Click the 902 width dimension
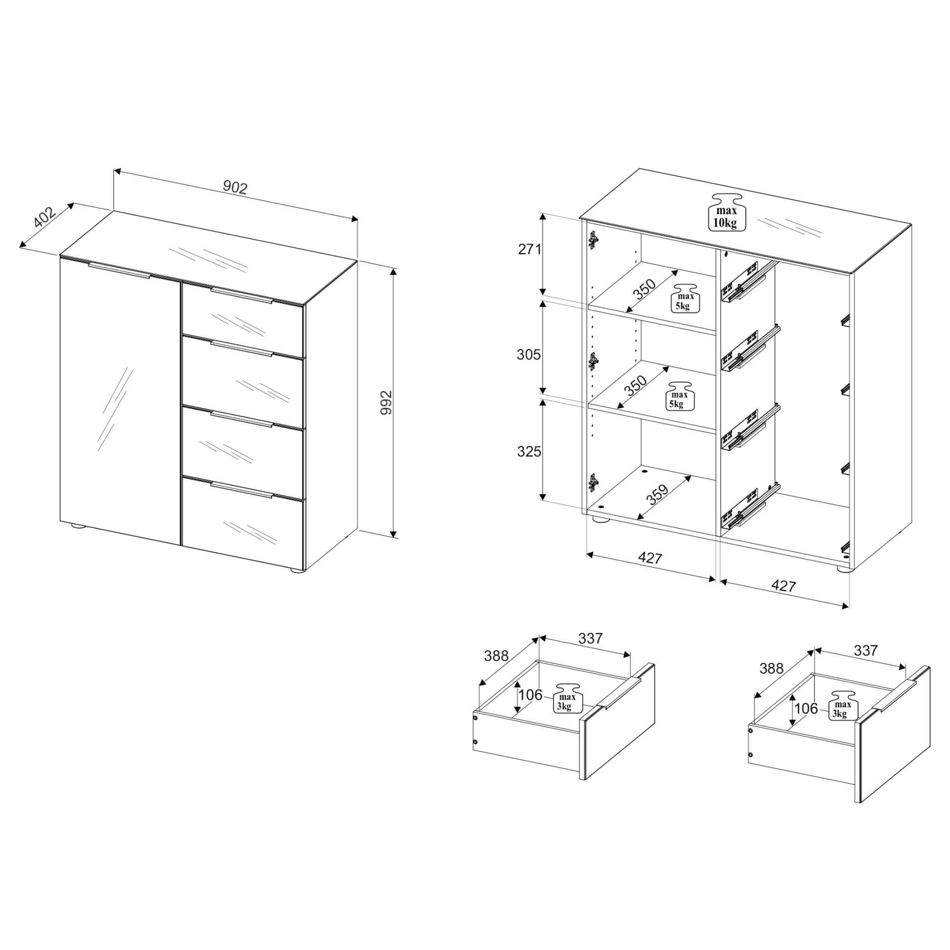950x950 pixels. tap(235, 187)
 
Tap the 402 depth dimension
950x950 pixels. tap(45, 218)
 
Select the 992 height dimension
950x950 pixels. tap(387, 402)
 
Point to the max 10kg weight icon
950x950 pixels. tap(726, 211)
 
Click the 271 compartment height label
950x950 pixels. tap(530, 249)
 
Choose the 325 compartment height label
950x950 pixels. tap(529, 451)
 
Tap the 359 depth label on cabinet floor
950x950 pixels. tap(657, 494)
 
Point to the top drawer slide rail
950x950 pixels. tap(743, 285)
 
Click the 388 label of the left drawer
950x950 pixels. tap(497, 656)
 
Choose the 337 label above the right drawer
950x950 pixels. tap(865, 651)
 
